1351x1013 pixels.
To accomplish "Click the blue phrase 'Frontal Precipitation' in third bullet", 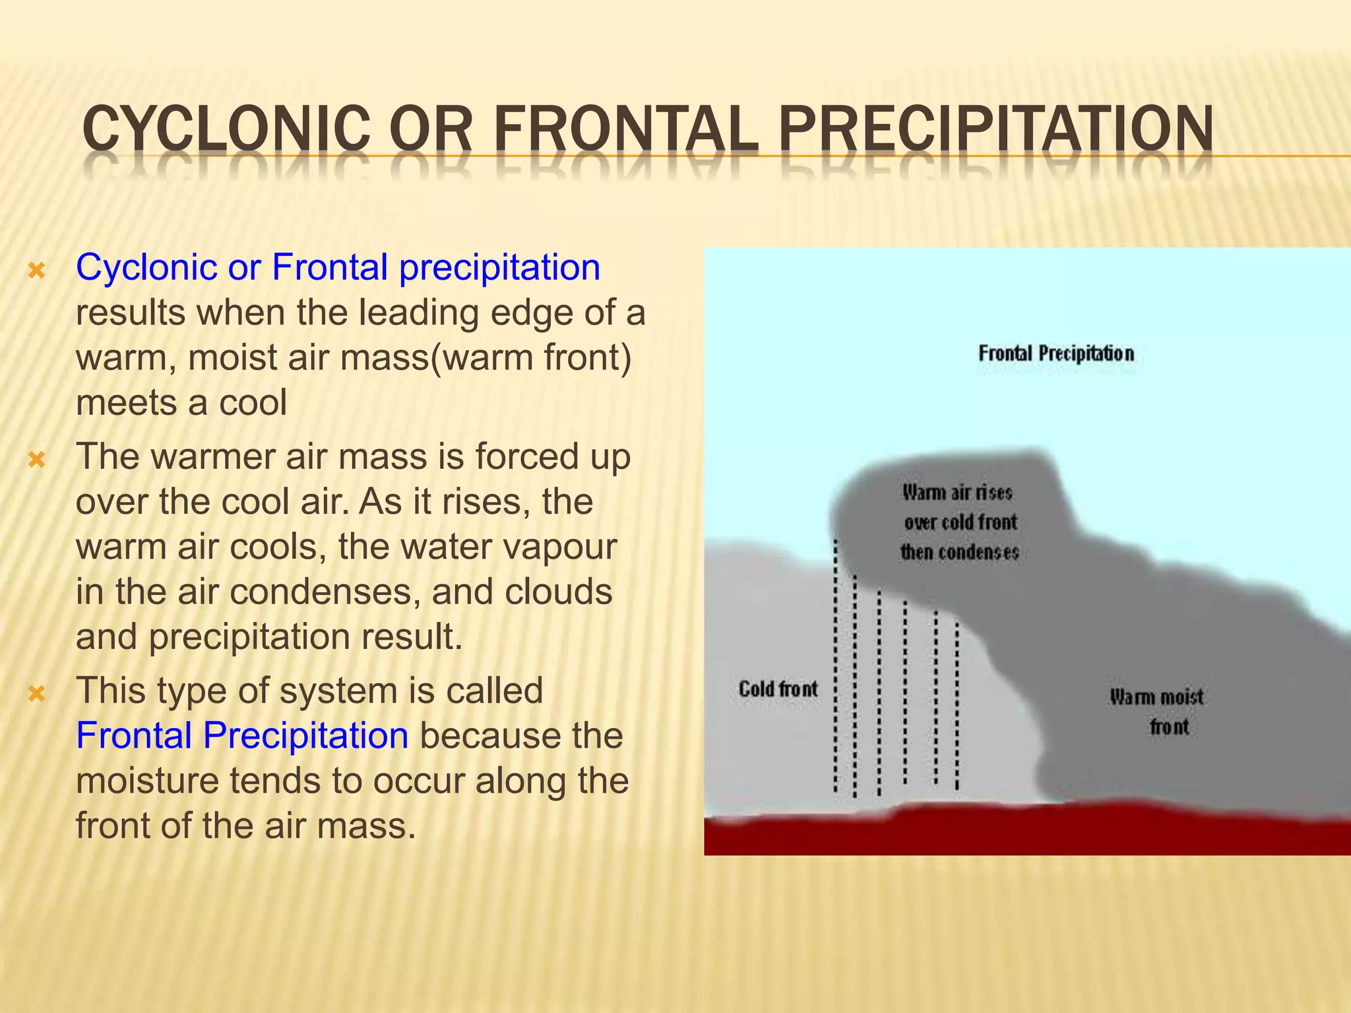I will tap(242, 735).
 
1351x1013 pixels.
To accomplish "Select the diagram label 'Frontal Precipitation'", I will tap(1055, 353).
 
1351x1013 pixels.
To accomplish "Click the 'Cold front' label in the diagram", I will tap(778, 689).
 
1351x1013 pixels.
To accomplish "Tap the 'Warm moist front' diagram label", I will tap(1157, 711).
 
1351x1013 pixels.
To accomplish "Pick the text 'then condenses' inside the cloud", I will tap(960, 551).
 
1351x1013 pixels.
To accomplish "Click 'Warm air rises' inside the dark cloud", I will tap(957, 492).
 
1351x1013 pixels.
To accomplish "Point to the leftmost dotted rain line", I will tap(835, 666).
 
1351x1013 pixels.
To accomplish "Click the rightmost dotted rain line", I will tap(957, 706).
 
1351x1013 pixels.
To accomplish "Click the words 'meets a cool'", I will tap(181, 402).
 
